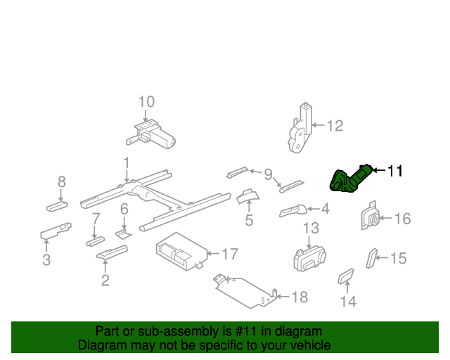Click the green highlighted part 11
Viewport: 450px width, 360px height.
click(x=347, y=180)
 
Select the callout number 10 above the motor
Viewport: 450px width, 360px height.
click(x=146, y=101)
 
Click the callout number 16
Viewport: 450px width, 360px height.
click(x=401, y=219)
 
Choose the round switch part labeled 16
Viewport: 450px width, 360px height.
click(x=371, y=218)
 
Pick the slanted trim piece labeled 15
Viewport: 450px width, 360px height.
click(x=371, y=258)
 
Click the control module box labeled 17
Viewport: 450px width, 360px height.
click(x=180, y=252)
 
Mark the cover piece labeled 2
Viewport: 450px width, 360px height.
click(x=111, y=253)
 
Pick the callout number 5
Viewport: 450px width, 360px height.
click(x=248, y=221)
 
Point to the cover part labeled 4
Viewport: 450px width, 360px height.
click(x=294, y=210)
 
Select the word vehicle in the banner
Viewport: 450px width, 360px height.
click(x=307, y=345)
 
